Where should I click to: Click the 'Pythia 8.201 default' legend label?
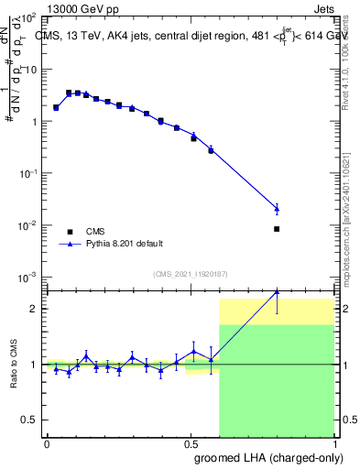pyautogui.click(x=125, y=244)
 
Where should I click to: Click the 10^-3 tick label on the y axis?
pyautogui.click(x=29, y=277)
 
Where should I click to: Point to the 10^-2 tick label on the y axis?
pyautogui.click(x=29, y=225)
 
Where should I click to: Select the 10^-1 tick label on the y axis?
pyautogui.click(x=29, y=174)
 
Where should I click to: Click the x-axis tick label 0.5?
pyautogui.click(x=191, y=443)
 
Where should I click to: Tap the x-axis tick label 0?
pyautogui.click(x=47, y=443)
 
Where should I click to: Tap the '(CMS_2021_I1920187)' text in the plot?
pyautogui.click(x=191, y=274)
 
